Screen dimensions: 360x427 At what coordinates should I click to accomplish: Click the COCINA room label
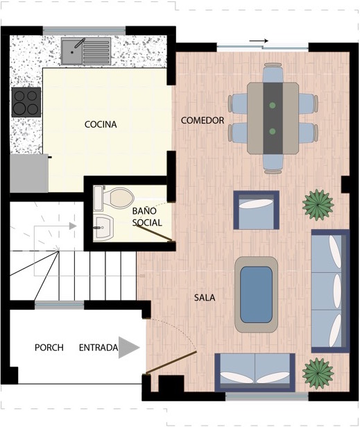point(101,124)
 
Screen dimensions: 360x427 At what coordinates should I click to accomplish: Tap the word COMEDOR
point(203,120)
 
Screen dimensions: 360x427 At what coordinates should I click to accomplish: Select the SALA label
point(205,298)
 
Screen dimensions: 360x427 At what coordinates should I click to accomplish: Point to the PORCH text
point(49,347)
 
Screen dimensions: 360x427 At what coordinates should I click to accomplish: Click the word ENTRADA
point(98,347)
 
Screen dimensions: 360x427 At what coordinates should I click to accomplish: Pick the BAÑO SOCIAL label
point(147,217)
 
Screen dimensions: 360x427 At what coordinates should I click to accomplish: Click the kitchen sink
point(86,51)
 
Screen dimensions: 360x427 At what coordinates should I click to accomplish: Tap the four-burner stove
point(26,102)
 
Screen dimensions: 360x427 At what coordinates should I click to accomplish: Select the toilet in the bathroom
point(114,199)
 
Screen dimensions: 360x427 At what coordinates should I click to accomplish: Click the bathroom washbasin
point(103,228)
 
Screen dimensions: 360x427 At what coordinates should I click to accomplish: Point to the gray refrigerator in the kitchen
point(29,174)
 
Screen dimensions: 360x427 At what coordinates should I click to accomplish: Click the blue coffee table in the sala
point(257,294)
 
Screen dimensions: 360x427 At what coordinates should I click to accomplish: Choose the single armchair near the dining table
point(257,210)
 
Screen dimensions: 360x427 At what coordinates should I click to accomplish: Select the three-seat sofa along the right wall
point(330,291)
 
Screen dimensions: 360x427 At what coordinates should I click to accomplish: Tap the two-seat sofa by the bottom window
point(255,372)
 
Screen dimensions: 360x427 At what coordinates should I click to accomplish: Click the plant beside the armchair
point(318,205)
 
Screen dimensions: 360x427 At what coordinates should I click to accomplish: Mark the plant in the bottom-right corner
point(318,373)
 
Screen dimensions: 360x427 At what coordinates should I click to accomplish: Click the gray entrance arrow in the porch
point(129,347)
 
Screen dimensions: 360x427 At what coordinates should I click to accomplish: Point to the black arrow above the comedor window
point(259,41)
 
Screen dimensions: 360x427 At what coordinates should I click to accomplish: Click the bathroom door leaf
point(153,233)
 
